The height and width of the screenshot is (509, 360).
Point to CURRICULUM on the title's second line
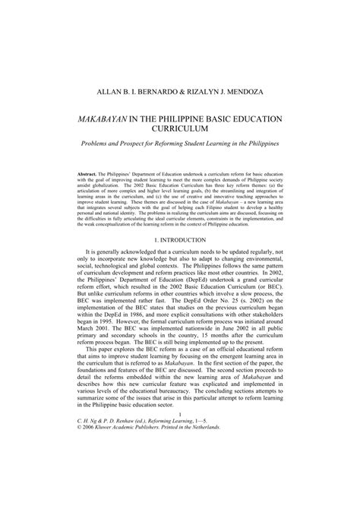180,131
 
